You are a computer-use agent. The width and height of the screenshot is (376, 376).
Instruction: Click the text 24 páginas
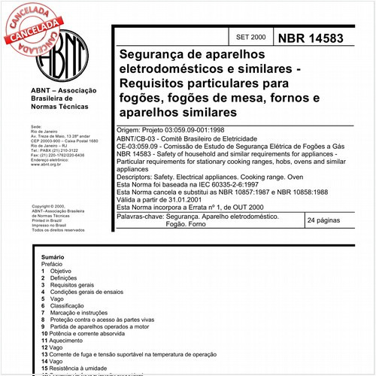[x=325, y=221]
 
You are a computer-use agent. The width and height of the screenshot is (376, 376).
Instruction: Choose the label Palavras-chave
[x=142, y=216]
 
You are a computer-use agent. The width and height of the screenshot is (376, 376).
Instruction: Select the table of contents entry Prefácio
[x=52, y=264]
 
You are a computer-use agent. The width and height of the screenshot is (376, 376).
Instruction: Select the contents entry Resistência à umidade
[x=85, y=368]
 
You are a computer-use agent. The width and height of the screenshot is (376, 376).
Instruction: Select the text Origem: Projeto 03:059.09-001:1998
[x=178, y=130]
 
